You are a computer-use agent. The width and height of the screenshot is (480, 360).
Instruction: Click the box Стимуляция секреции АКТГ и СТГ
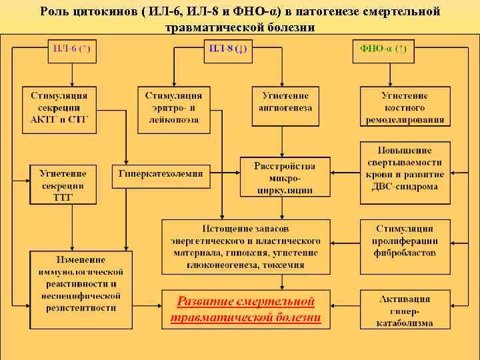click(59, 107)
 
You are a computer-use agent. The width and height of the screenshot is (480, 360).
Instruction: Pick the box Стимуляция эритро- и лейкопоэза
click(173, 107)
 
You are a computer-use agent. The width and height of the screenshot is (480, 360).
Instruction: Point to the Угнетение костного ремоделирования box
click(405, 107)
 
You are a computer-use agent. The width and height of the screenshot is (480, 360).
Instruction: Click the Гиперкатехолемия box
click(161, 174)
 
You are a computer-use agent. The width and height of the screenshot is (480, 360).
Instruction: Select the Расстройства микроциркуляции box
click(285, 177)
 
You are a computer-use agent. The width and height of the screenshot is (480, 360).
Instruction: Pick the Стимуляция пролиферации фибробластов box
click(405, 241)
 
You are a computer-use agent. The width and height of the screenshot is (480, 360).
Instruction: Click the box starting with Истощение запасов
click(245, 246)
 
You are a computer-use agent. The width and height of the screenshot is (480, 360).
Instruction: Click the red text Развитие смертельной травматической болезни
click(245, 309)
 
